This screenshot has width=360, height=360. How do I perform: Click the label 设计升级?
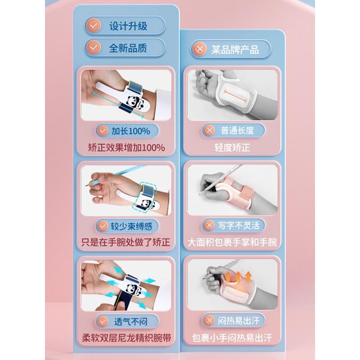[x=128, y=26]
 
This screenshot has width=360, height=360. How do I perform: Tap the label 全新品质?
[x=128, y=48]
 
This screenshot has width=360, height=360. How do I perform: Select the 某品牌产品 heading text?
[x=235, y=49]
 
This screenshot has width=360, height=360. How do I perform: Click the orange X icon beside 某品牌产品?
[x=199, y=49]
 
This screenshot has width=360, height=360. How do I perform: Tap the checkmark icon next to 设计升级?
[x=93, y=26]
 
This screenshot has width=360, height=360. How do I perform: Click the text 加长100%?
[x=131, y=131]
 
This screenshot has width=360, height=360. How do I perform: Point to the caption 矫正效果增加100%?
[x=126, y=148]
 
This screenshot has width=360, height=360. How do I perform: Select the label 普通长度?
[x=238, y=130]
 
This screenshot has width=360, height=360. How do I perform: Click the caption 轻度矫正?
[x=232, y=148]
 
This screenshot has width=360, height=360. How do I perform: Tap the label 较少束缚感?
[x=131, y=226]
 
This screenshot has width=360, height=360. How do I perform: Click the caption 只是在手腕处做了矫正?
[x=126, y=243]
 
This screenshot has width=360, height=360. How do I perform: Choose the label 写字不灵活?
[x=239, y=225]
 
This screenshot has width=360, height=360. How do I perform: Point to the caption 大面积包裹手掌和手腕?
[x=232, y=243]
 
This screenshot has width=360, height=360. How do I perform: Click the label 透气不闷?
[x=131, y=322]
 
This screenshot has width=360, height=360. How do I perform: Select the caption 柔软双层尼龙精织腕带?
[x=126, y=338]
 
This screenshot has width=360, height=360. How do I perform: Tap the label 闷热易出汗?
[x=239, y=320]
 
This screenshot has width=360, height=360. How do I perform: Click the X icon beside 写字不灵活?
[x=209, y=225]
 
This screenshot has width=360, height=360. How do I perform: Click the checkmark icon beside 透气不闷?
[x=103, y=321]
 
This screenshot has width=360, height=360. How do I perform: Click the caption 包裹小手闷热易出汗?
[x=232, y=338]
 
